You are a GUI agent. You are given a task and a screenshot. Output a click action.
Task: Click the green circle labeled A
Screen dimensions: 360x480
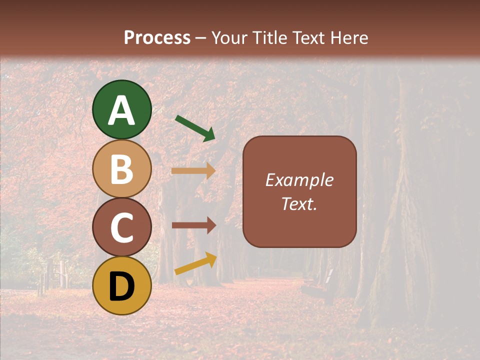click(122, 109)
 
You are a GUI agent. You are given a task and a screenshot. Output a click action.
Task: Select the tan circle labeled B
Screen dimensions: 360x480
click(122, 168)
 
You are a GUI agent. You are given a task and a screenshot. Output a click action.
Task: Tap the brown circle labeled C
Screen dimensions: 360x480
click(122, 227)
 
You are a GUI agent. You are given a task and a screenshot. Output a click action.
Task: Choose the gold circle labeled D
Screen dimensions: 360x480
click(122, 285)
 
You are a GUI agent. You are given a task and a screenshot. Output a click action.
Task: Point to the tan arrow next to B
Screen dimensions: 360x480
click(193, 171)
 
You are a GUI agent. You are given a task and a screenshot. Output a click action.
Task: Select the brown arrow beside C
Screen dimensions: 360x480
click(193, 225)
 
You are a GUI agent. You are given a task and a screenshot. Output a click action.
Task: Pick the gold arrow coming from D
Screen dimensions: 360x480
click(195, 264)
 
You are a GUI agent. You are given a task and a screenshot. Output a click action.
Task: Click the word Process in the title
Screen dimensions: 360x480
click(157, 38)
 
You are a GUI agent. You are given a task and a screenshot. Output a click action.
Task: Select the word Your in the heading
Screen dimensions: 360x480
click(229, 38)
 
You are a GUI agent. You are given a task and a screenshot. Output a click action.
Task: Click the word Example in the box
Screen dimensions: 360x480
click(299, 180)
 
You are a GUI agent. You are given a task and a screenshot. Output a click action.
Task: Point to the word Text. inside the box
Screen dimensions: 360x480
click(299, 204)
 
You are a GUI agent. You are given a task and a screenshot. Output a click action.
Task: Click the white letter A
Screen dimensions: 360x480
click(122, 110)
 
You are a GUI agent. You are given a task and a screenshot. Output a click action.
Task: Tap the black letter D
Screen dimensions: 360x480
click(122, 287)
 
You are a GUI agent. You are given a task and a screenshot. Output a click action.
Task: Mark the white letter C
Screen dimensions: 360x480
click(122, 228)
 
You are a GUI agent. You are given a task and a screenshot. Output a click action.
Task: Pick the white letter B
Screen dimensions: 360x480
click(122, 169)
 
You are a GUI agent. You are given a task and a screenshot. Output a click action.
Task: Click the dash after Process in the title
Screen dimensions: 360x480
click(201, 38)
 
